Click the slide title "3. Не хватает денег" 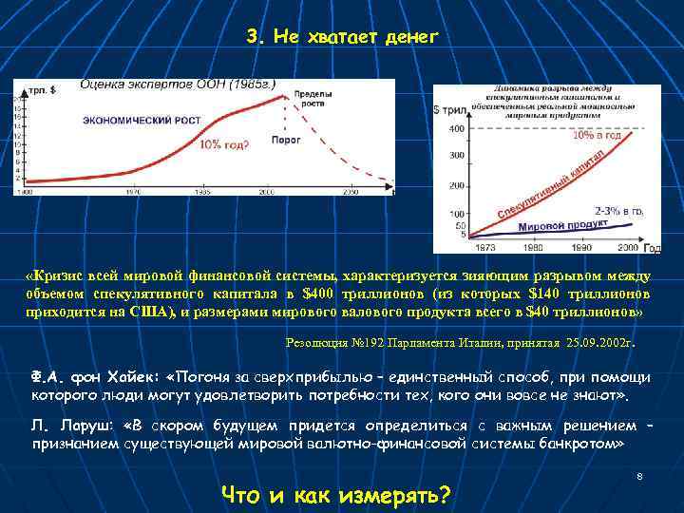coord(342,37)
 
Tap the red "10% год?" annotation coord(224,144)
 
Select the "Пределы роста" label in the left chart coord(312,99)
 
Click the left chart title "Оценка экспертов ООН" coord(178,85)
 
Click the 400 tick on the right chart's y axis coord(456,128)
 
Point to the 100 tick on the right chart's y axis coord(456,214)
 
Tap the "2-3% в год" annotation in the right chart coord(619,210)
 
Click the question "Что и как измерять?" coord(335,494)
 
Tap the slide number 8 coord(639,475)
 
